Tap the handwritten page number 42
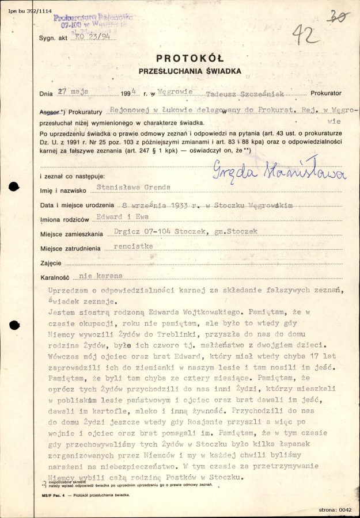click(x=306, y=36)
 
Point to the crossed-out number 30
click(x=339, y=17)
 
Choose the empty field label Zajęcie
click(x=51, y=262)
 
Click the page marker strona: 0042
click(x=335, y=509)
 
